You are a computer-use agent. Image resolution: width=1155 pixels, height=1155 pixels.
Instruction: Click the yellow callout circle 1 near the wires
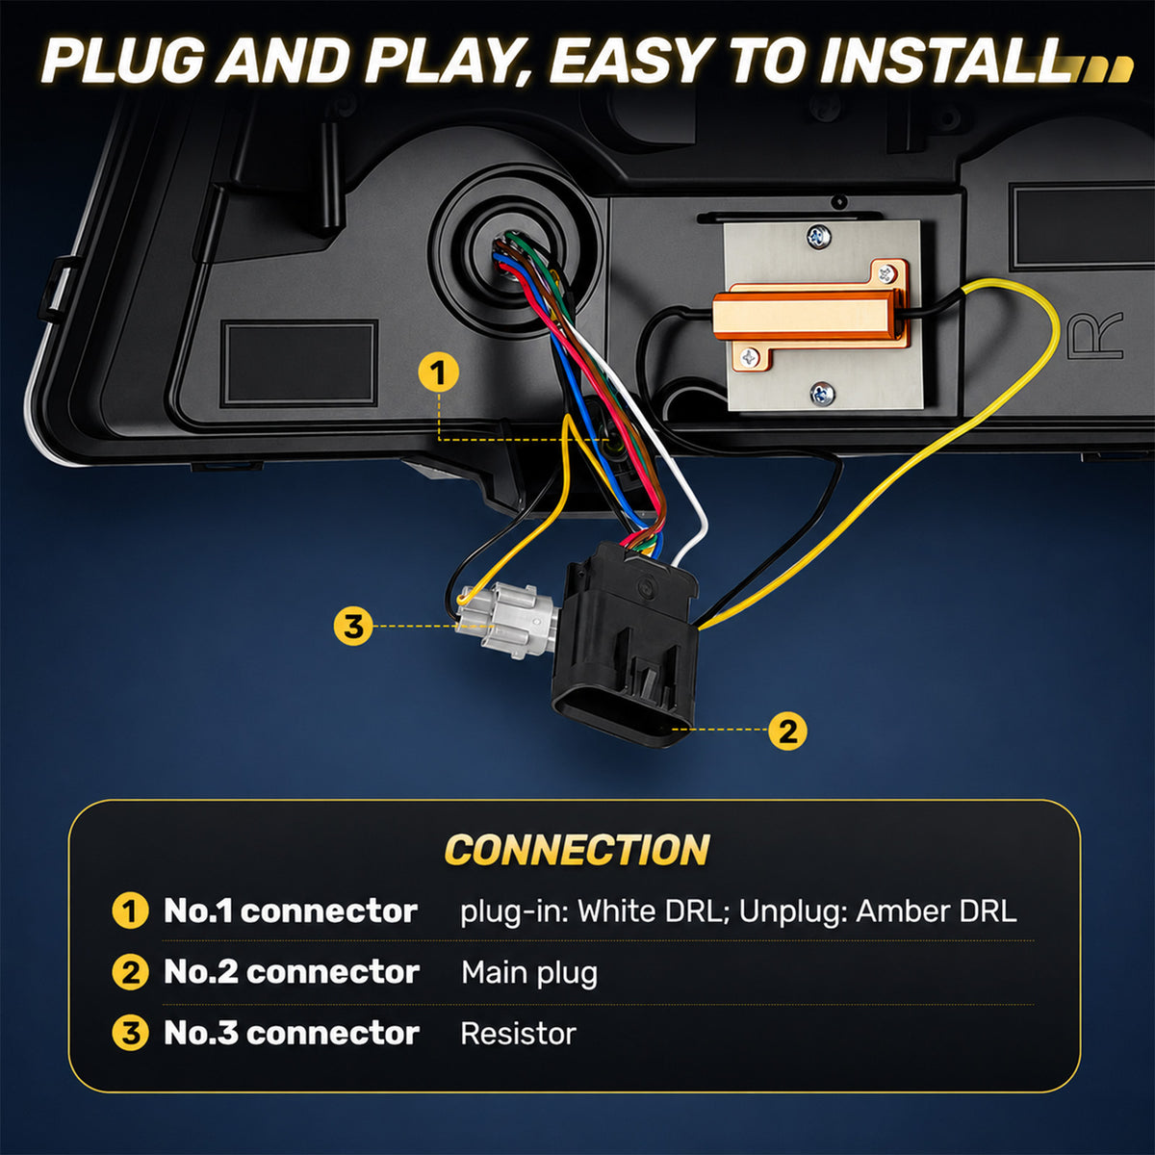pyautogui.click(x=439, y=372)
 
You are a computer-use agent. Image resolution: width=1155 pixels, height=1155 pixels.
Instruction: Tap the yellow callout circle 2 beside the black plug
pyautogui.click(x=787, y=731)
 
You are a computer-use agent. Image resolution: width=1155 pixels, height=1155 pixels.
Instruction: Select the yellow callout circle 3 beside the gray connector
pyautogui.click(x=353, y=627)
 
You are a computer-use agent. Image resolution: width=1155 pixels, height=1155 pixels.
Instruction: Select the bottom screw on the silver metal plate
pyautogui.click(x=821, y=394)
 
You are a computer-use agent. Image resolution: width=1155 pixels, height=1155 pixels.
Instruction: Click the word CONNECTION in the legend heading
pyautogui.click(x=577, y=849)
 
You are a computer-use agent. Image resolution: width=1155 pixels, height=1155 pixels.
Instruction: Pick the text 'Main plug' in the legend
pyautogui.click(x=529, y=972)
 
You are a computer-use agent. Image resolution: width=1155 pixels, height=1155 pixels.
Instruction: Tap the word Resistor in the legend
pyautogui.click(x=518, y=1034)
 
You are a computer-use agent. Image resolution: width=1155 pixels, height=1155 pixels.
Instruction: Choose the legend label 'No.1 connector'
pyautogui.click(x=291, y=911)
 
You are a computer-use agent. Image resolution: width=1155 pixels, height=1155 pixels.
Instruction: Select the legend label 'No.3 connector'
pyautogui.click(x=292, y=1034)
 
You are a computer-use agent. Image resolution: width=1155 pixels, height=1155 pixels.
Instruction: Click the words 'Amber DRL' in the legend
pyautogui.click(x=937, y=911)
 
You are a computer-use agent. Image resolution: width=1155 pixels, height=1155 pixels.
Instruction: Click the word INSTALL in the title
pyautogui.click(x=949, y=61)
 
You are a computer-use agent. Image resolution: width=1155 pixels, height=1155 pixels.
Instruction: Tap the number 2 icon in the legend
pyautogui.click(x=130, y=972)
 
